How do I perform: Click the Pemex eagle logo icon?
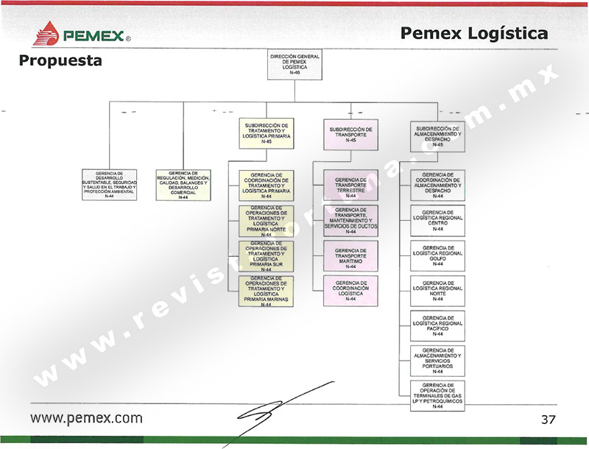[48, 33]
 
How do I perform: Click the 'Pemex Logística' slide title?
[475, 33]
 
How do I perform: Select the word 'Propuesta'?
[60, 61]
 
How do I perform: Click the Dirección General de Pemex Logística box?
[294, 65]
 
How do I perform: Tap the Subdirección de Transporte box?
[350, 135]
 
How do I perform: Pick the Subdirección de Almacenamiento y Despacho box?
[437, 136]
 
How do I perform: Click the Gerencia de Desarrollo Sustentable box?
[109, 185]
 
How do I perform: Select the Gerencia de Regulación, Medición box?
[183, 185]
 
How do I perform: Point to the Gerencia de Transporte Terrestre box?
[350, 187]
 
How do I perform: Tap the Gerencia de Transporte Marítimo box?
[350, 257]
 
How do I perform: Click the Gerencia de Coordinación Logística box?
[350, 291]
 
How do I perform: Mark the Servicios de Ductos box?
[350, 222]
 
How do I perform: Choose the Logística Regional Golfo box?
[437, 255]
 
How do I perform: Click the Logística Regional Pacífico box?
[437, 325]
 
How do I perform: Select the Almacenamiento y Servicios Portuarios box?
[437, 361]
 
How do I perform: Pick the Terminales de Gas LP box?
[437, 395]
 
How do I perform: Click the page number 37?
[548, 420]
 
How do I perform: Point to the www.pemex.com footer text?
[86, 418]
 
